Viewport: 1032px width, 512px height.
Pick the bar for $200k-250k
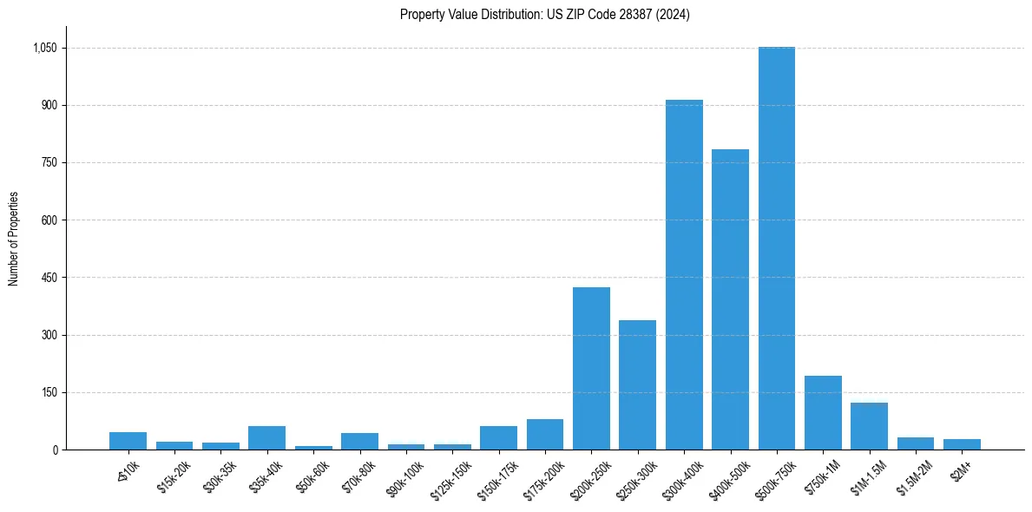pos(591,368)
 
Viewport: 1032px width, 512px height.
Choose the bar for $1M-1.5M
pos(869,426)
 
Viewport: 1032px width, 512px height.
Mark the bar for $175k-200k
pos(545,434)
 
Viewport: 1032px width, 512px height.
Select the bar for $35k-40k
pos(266,437)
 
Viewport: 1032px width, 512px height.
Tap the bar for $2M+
pos(962,444)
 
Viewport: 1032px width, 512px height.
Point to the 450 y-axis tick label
pos(49,278)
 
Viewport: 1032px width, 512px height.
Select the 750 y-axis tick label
pos(49,163)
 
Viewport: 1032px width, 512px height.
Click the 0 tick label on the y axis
pos(55,450)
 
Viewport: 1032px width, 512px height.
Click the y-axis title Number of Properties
pos(13,238)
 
